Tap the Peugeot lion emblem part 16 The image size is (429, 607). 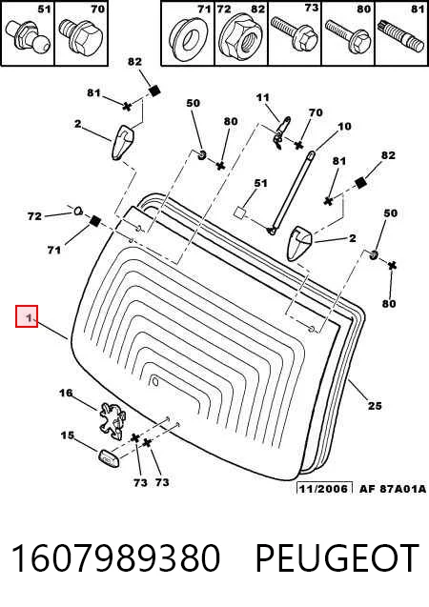pyautogui.click(x=112, y=421)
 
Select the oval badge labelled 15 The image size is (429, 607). pyautogui.click(x=108, y=458)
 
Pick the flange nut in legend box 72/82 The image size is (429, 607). pyautogui.click(x=240, y=37)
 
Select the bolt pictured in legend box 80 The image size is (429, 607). pyautogui.click(x=348, y=36)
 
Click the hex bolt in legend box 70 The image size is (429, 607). pyautogui.click(x=80, y=36)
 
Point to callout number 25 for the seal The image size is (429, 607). pyautogui.click(x=375, y=405)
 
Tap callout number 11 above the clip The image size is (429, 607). pyautogui.click(x=262, y=97)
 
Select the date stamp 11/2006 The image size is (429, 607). pyautogui.click(x=323, y=489)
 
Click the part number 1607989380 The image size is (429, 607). pyautogui.click(x=115, y=558)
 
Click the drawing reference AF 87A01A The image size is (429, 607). pyautogui.click(x=393, y=489)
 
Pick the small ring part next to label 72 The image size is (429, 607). pyautogui.click(x=78, y=211)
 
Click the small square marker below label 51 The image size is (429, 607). pyautogui.click(x=239, y=212)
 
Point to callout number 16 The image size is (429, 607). pyautogui.click(x=66, y=393)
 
